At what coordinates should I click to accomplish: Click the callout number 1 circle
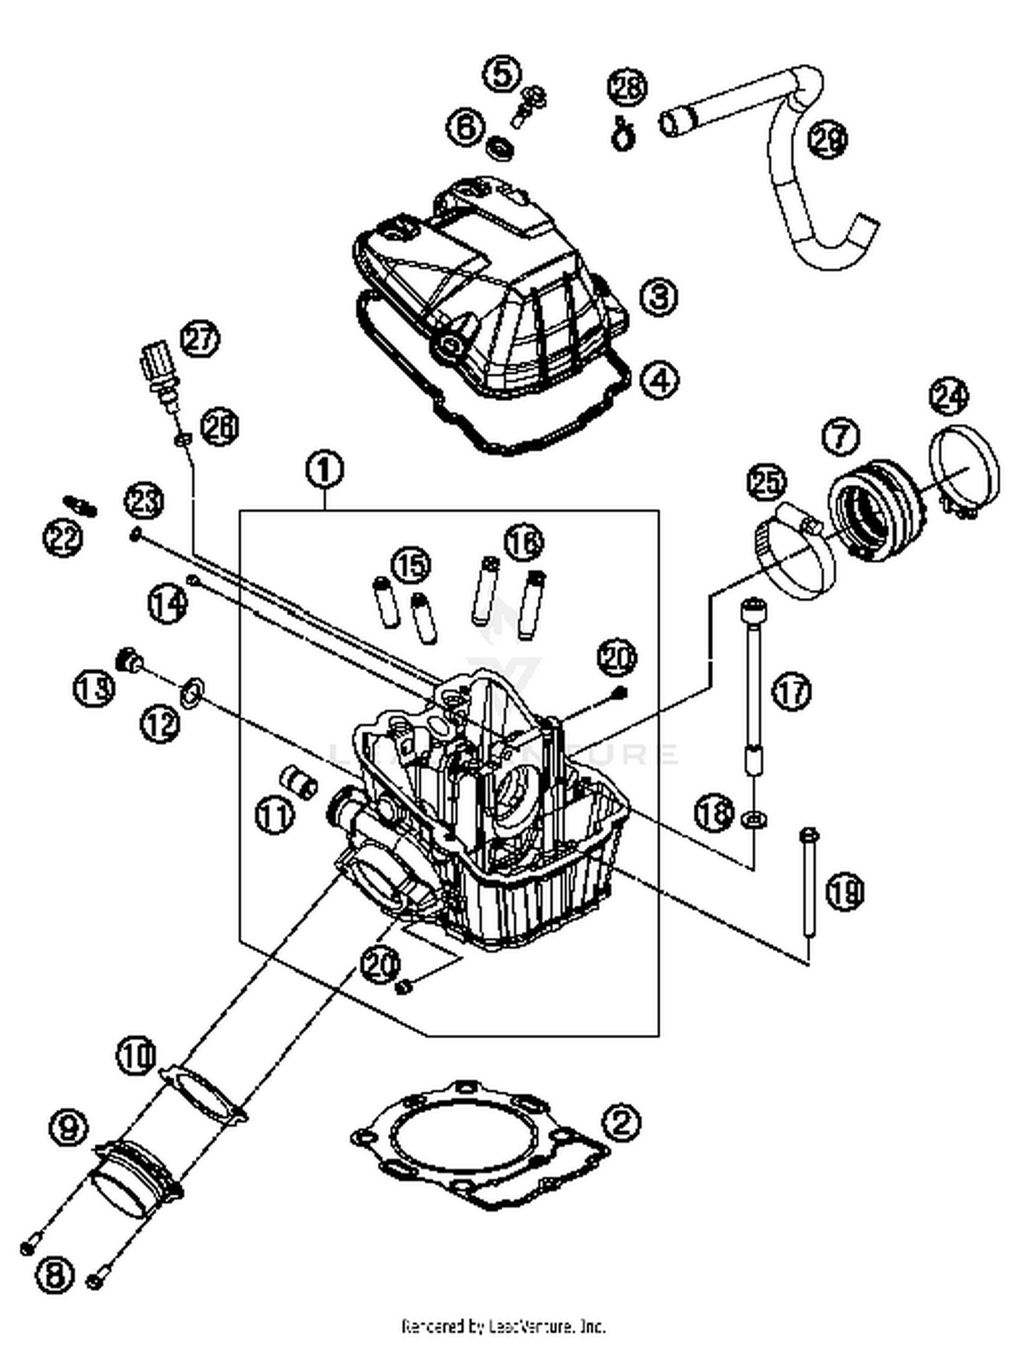325,469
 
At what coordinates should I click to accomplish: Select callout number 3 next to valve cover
658,297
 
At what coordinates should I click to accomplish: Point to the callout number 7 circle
842,437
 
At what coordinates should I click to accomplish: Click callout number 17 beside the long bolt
791,691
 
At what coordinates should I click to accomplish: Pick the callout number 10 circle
137,1054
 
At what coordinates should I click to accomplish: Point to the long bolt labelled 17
753,680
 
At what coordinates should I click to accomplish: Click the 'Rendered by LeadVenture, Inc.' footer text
504,1326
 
